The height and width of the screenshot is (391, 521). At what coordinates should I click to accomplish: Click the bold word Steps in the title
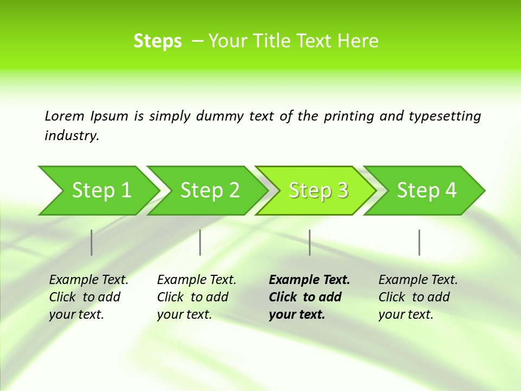pyautogui.click(x=157, y=41)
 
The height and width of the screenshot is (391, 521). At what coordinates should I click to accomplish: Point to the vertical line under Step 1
pyautogui.click(x=92, y=242)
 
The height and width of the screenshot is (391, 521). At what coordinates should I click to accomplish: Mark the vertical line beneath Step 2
pyautogui.click(x=200, y=242)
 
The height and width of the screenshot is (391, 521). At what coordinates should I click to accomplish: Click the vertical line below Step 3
pyautogui.click(x=310, y=242)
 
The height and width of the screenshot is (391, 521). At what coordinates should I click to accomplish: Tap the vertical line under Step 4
pyautogui.click(x=420, y=242)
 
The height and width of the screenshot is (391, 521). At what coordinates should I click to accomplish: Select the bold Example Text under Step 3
pyautogui.click(x=309, y=280)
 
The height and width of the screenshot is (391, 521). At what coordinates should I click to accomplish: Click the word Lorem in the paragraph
pyautogui.click(x=65, y=116)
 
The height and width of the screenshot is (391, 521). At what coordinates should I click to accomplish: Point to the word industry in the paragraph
pyautogui.click(x=71, y=136)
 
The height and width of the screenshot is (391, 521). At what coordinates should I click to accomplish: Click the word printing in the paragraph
pyautogui.click(x=348, y=116)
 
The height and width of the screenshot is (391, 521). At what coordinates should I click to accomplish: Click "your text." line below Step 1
pyautogui.click(x=76, y=314)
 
